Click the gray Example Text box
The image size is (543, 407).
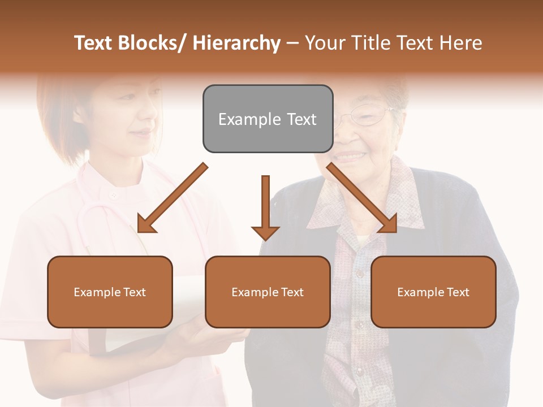[x=268, y=119]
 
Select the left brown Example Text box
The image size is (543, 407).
[x=110, y=292]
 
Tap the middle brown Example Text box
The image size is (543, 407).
[x=268, y=292]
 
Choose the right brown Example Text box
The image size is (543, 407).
[x=433, y=292]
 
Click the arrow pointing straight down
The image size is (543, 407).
[x=265, y=207]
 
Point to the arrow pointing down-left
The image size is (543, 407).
[x=172, y=198]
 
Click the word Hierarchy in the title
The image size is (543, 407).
[x=236, y=43]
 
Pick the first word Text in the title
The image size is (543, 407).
[x=94, y=43]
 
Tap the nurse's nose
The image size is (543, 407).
[x=148, y=119]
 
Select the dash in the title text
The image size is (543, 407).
[x=292, y=43]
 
